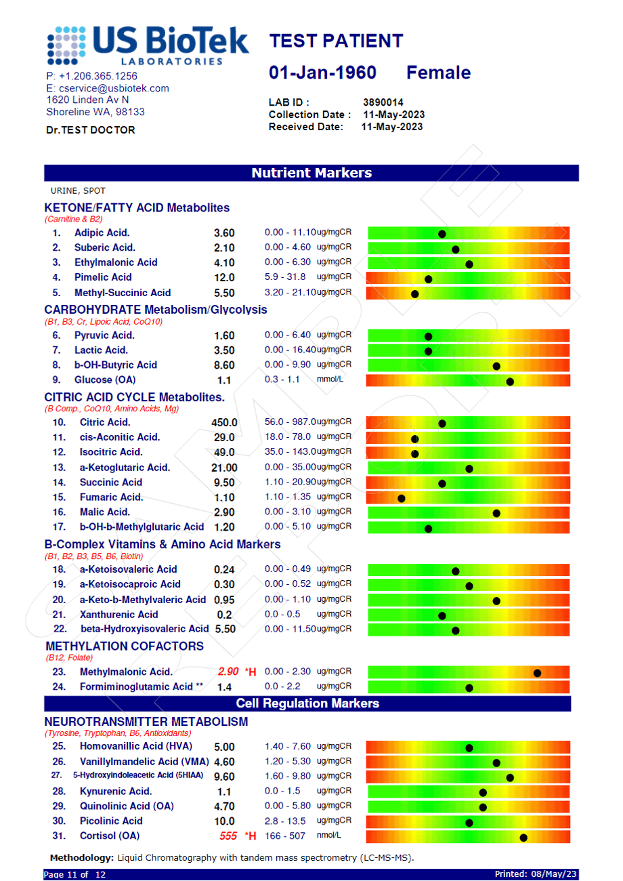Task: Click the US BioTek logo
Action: coord(148,46)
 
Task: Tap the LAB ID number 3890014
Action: coord(383,102)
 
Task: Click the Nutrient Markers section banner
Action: coord(311,173)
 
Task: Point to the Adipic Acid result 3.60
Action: coord(224,232)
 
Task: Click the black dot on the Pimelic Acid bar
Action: coord(429,279)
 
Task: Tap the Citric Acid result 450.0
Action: coord(225,422)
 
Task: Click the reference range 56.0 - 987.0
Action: coord(290,422)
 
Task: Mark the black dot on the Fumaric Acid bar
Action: coord(402,499)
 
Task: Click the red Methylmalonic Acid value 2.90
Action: coord(228,672)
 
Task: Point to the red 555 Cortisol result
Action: coord(228,836)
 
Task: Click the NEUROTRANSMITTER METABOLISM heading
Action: coord(146,721)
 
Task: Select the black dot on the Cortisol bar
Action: coord(523,838)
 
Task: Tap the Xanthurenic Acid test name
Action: coord(119,614)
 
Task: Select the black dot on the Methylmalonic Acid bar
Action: coord(538,673)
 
